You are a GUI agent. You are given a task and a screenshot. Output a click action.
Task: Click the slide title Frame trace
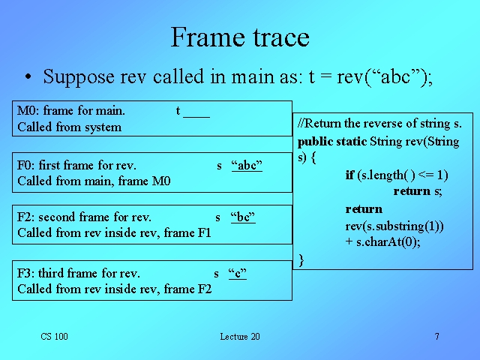tap(240, 37)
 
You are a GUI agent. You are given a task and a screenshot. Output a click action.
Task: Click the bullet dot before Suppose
tap(28, 76)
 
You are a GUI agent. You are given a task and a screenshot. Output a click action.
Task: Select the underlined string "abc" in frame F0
tap(247, 165)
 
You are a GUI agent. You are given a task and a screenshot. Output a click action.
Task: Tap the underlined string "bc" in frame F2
tap(243, 217)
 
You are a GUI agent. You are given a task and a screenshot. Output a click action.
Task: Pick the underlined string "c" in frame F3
tap(238, 273)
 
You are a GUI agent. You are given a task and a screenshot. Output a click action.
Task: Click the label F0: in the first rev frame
tap(25, 165)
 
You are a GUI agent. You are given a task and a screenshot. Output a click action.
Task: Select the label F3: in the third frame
tap(25, 273)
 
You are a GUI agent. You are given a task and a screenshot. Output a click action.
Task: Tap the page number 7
tap(436, 337)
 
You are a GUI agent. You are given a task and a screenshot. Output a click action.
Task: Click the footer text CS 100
tap(54, 337)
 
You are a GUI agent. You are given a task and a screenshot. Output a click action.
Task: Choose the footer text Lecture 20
tap(240, 337)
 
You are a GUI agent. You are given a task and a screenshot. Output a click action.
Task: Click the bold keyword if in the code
tap(349, 175)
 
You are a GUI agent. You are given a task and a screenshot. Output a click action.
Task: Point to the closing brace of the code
tap(301, 260)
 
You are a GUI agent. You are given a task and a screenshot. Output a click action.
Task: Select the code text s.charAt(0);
tap(388, 241)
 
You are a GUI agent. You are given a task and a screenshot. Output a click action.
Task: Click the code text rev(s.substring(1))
tap(394, 226)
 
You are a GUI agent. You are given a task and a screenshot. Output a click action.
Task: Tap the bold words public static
tap(332, 142)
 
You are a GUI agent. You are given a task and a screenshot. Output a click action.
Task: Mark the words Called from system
tap(70, 127)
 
